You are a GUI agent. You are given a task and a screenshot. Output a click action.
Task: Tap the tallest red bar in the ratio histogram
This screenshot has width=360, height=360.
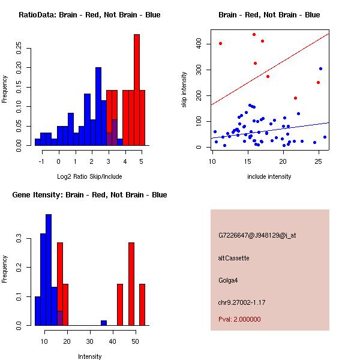tap(137, 90)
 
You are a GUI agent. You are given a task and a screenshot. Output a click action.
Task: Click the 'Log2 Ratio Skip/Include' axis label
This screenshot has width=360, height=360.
tap(89, 176)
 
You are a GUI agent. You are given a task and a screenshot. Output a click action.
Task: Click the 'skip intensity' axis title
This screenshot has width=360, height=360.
tap(185, 90)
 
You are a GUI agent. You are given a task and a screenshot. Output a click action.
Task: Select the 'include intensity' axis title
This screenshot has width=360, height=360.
tap(269, 176)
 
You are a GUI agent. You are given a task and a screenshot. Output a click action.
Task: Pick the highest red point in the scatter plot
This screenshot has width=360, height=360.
tap(254, 35)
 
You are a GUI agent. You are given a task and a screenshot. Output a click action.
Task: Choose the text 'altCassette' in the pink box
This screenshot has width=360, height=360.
tap(234, 258)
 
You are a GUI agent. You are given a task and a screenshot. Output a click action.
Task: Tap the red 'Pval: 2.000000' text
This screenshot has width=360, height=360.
tap(239, 319)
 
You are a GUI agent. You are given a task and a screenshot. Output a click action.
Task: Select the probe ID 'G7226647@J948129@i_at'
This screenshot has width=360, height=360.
tap(257, 235)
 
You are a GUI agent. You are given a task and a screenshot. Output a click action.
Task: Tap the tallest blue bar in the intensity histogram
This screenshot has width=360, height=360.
tap(49, 270)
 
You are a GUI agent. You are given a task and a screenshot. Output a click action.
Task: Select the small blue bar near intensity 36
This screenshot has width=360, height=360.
tap(104, 323)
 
